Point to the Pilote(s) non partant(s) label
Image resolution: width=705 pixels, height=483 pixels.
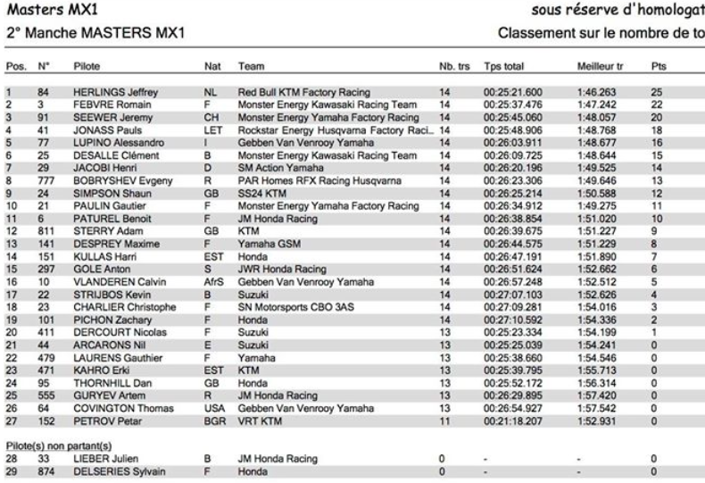coord(62,446)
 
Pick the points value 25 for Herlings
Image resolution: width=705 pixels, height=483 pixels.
coord(658,92)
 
